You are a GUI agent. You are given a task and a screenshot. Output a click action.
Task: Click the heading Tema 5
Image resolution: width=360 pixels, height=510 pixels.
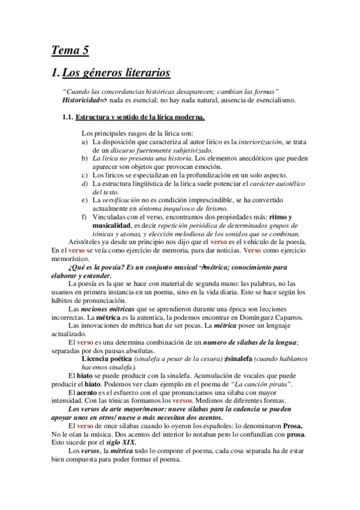click(70, 51)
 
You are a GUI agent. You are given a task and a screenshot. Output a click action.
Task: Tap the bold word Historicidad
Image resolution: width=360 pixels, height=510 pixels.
click(82, 99)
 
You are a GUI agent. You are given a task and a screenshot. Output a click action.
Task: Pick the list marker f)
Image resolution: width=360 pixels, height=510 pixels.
click(84, 217)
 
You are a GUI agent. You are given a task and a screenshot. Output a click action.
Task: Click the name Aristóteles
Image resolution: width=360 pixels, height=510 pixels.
click(89, 241)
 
